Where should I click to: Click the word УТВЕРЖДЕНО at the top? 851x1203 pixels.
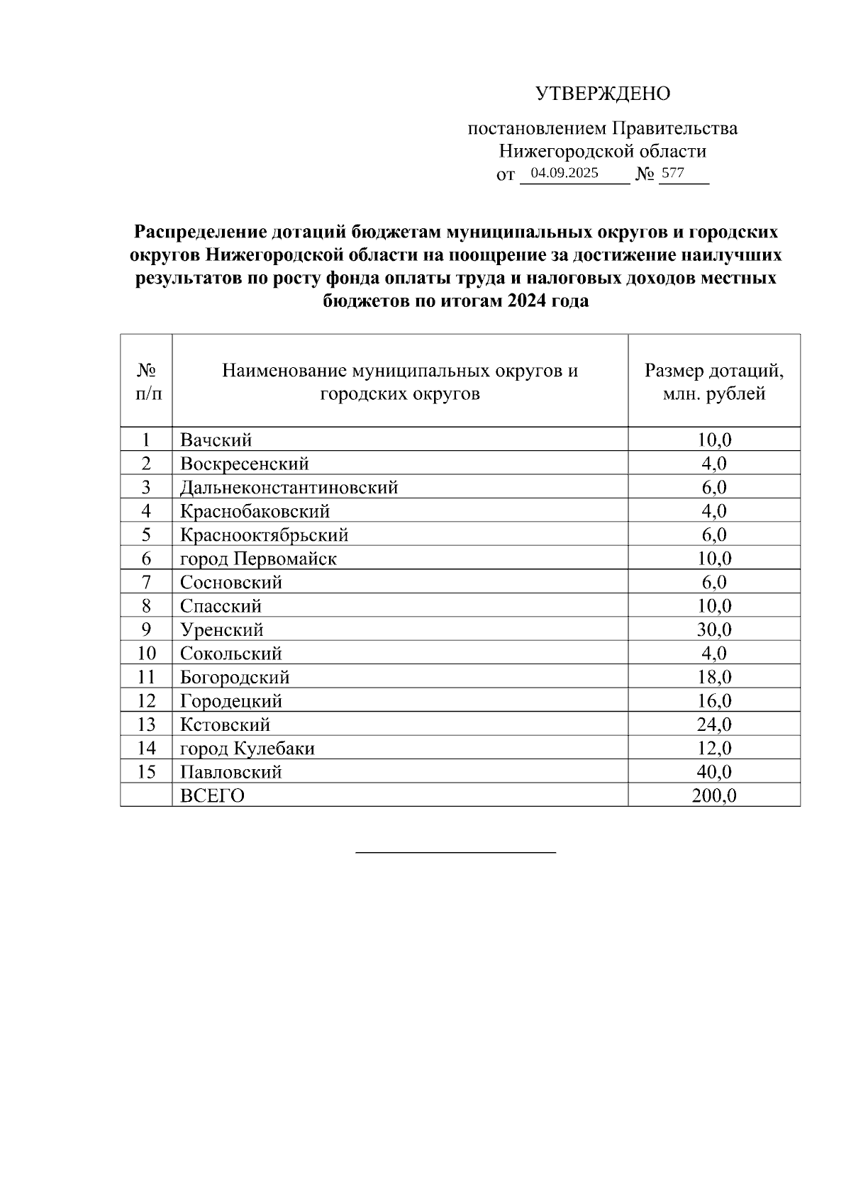coord(602,94)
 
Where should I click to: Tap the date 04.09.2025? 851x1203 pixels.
coord(564,173)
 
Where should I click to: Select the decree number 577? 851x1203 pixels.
coord(672,173)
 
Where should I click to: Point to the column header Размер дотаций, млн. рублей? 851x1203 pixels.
coord(713,381)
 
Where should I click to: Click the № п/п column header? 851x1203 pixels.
coord(146,381)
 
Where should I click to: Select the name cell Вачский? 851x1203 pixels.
coord(216,440)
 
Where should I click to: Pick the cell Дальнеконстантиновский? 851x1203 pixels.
coord(289,488)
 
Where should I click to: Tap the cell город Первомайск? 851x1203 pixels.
coord(258,559)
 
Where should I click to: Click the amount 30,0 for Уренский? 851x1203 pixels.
coord(714,630)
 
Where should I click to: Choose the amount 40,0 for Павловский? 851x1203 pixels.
coord(714,772)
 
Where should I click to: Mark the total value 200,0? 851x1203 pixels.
coord(714,795)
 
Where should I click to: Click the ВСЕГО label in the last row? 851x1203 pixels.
coord(212,795)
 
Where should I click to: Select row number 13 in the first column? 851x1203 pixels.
coord(146,724)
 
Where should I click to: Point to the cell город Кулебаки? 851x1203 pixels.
coord(247,749)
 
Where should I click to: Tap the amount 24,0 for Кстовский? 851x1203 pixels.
coord(714,724)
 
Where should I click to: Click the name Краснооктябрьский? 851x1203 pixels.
coord(264,535)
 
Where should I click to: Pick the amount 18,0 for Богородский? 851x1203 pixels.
coord(714,677)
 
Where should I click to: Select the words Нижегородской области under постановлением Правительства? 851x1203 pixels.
coord(602,151)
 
